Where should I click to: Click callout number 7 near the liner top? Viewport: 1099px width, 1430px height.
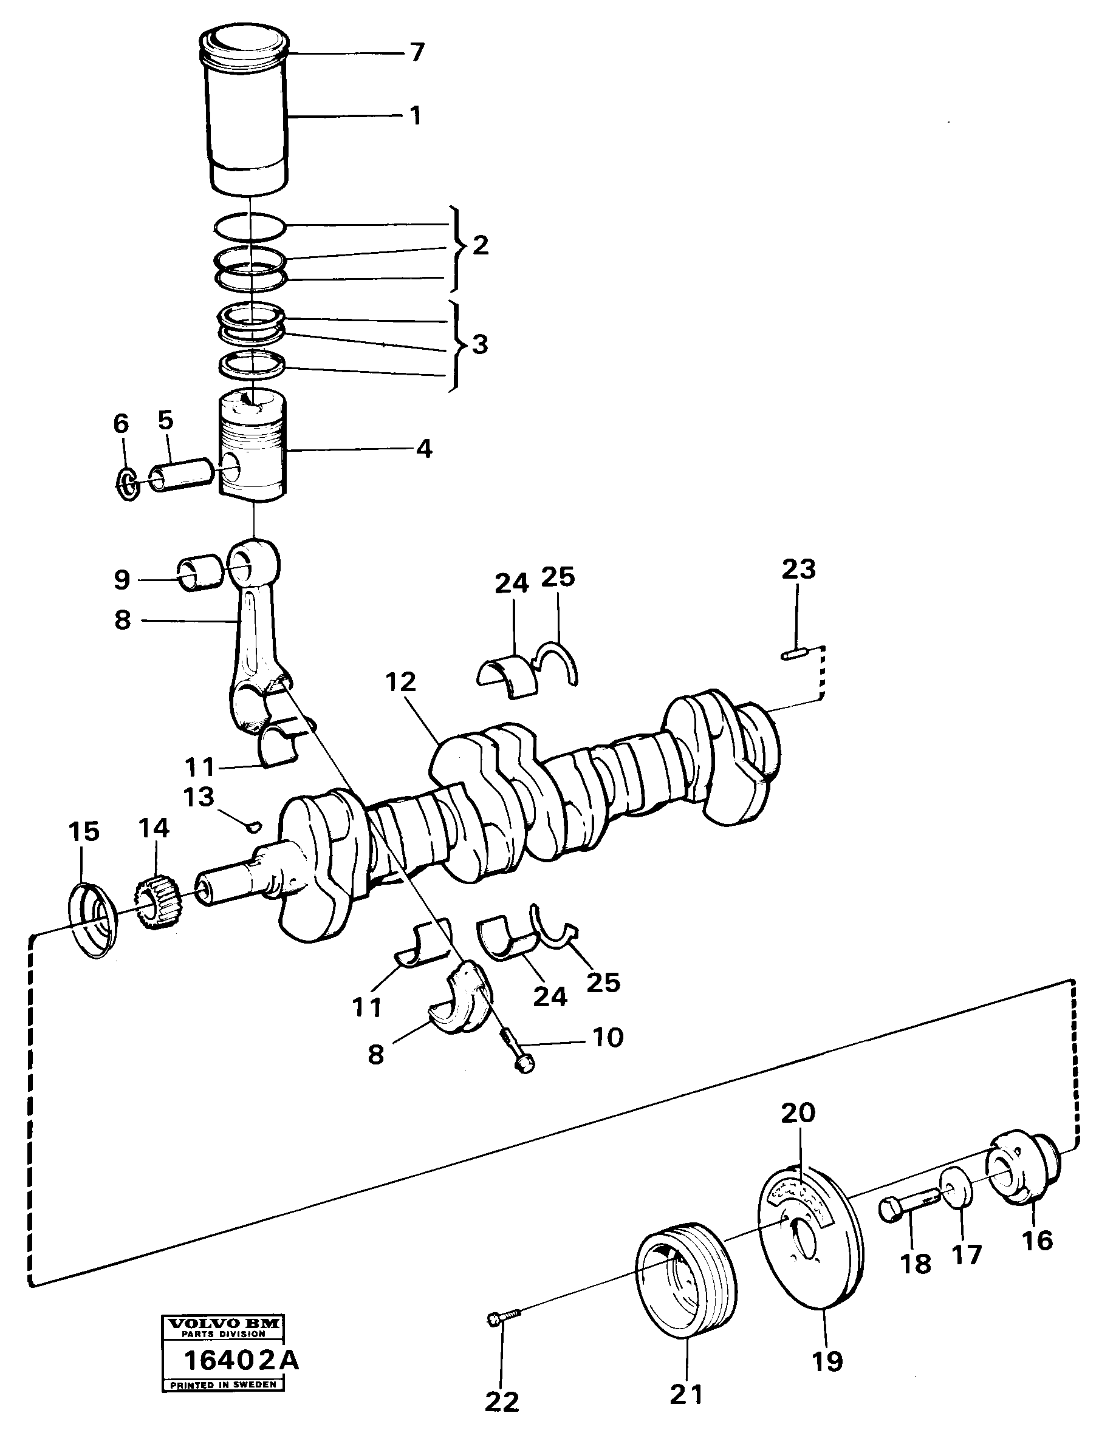coord(418,52)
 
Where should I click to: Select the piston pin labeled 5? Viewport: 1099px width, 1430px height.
coord(181,475)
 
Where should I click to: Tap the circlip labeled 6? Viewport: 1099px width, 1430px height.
coord(127,484)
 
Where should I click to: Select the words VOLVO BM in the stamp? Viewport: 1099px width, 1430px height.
coord(224,1342)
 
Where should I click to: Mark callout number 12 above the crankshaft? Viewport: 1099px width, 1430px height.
coord(401,683)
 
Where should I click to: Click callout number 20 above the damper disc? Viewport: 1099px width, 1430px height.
coord(798,1112)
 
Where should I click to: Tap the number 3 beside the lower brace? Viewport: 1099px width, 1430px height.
coord(479,344)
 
